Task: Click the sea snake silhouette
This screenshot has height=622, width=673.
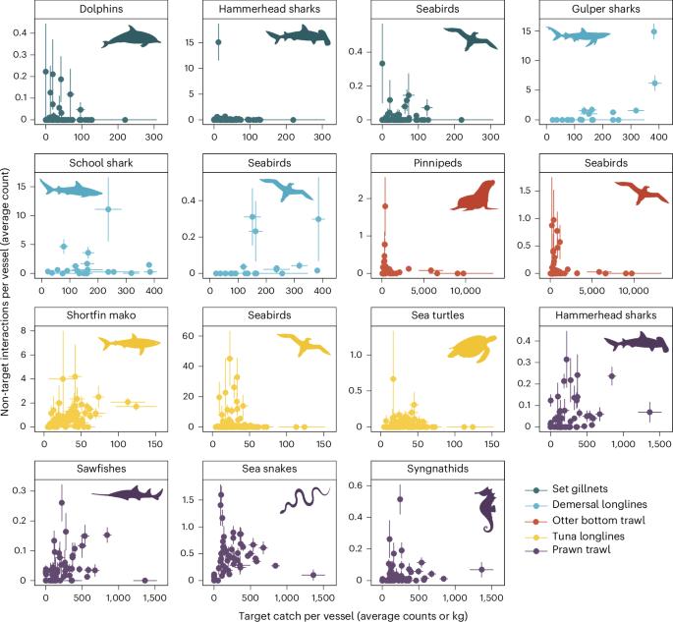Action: coord(306,500)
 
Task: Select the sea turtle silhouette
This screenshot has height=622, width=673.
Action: coord(476,349)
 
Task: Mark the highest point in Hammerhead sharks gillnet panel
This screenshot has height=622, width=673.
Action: coord(218,42)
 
